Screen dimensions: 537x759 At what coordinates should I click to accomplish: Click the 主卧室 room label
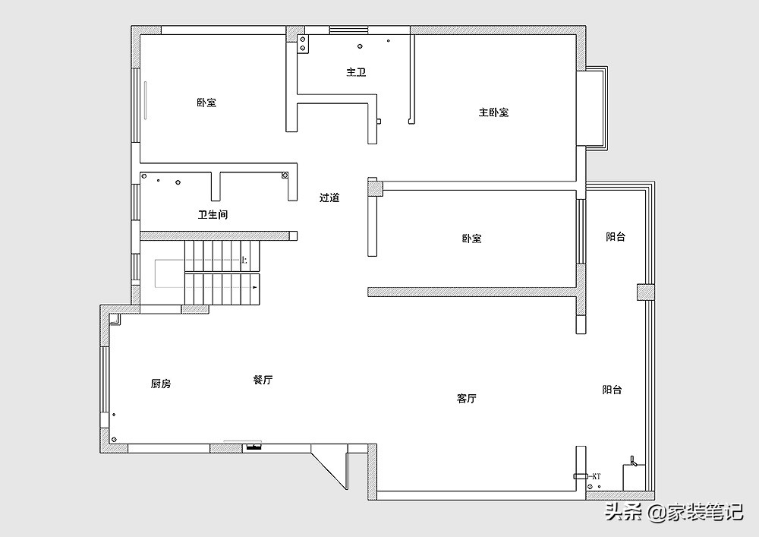(x=493, y=112)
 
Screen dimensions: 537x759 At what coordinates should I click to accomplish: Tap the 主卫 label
(x=356, y=72)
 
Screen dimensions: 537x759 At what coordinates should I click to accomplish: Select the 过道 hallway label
(x=329, y=197)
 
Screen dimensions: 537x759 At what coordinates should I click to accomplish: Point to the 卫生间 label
(x=213, y=215)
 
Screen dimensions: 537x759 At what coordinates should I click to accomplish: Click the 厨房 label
(x=161, y=384)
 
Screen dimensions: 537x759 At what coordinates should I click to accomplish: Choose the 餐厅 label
(x=263, y=380)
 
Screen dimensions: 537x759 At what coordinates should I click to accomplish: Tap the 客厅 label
(x=467, y=398)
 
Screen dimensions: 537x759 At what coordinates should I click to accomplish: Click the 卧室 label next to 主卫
(x=206, y=102)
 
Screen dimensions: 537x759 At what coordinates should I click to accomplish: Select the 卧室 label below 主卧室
(x=471, y=238)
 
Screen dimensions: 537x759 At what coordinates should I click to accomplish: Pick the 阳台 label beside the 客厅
(x=613, y=390)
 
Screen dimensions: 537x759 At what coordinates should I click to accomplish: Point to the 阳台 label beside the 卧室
(x=616, y=237)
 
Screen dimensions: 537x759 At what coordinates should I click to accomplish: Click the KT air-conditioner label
(x=596, y=476)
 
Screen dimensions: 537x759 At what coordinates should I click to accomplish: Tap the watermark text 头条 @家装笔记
(x=672, y=513)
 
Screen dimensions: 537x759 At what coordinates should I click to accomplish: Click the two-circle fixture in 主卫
(x=303, y=43)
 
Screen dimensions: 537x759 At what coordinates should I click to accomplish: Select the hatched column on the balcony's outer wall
(x=644, y=292)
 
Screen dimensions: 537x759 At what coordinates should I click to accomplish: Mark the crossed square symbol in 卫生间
(x=285, y=175)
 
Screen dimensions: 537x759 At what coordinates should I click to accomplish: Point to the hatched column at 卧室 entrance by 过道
(x=373, y=187)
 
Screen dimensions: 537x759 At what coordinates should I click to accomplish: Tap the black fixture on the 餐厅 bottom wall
(x=252, y=447)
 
